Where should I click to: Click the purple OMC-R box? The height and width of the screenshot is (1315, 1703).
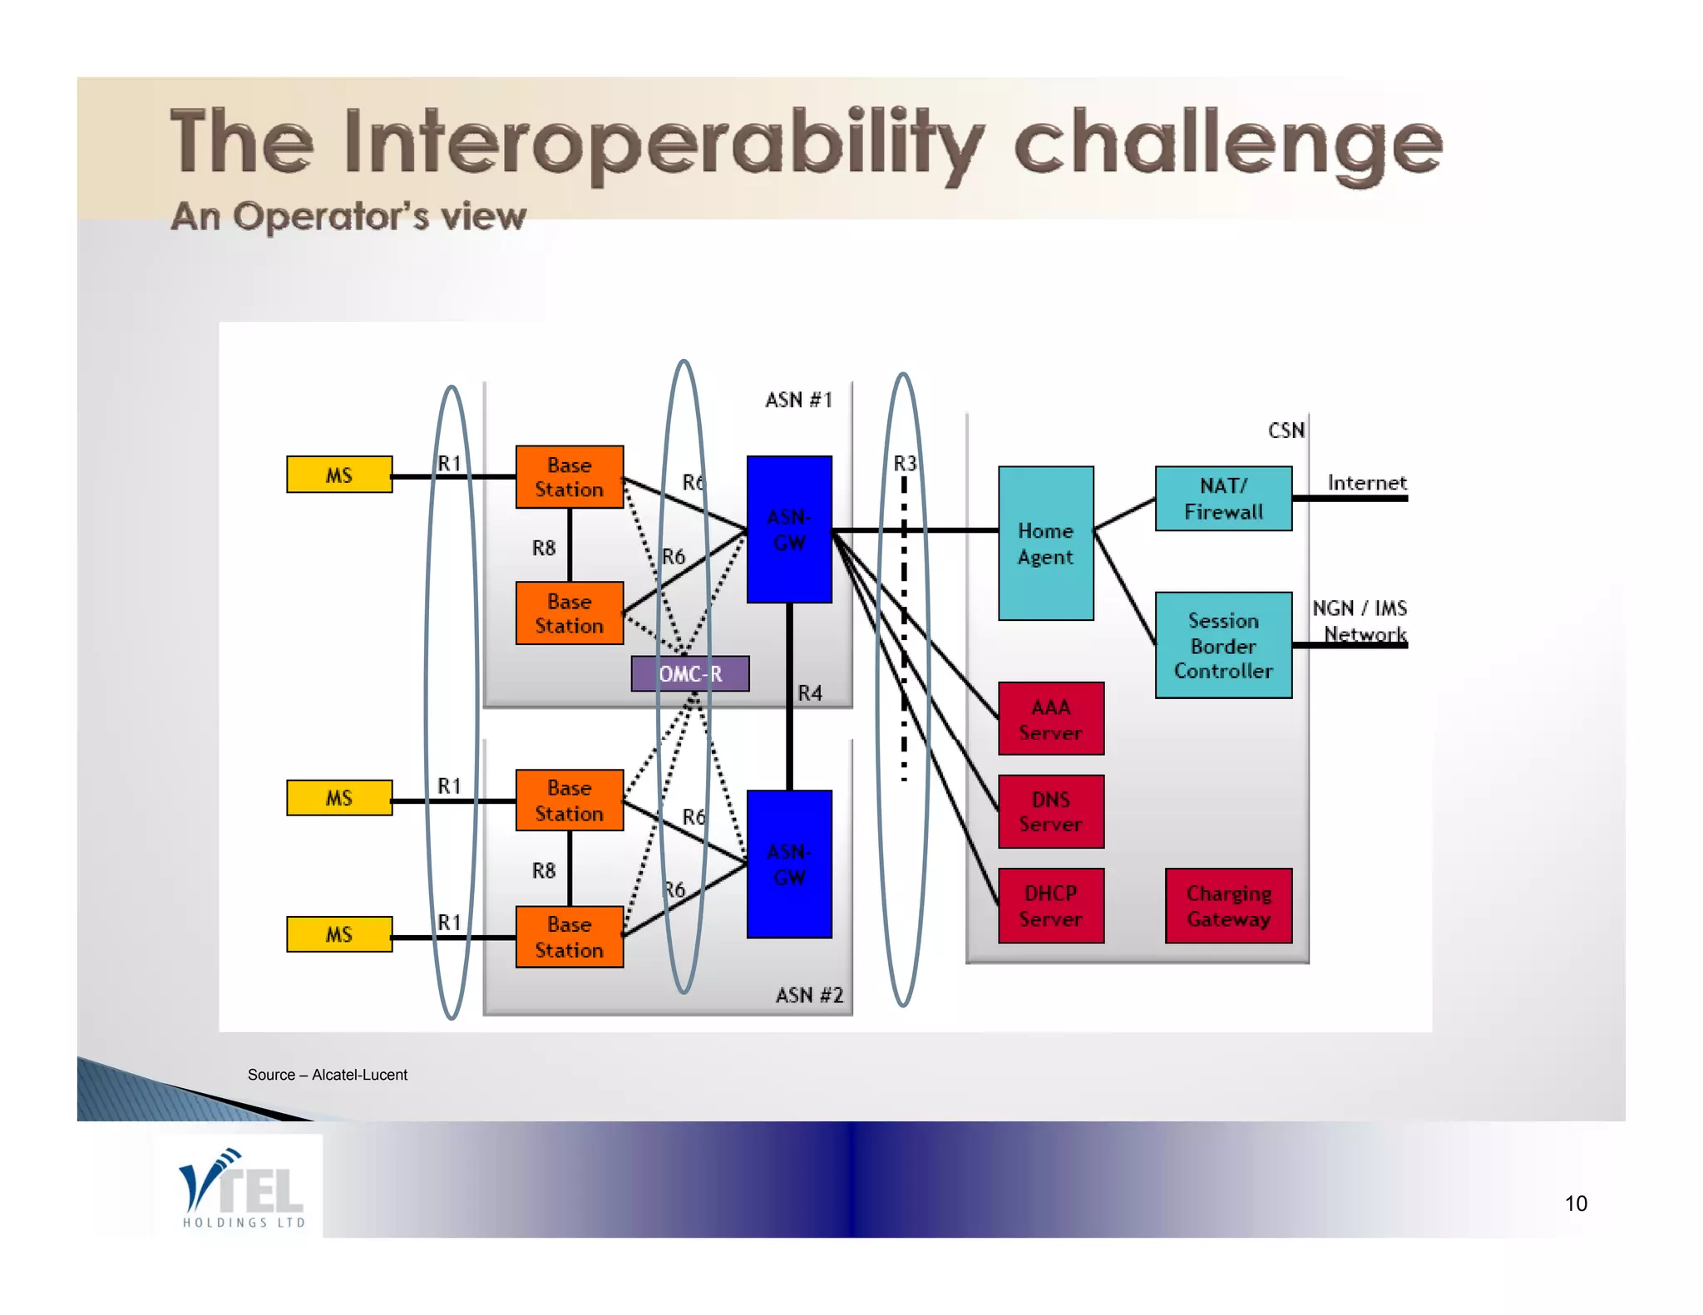[689, 673]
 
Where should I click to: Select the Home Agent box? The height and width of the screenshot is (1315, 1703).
[1045, 543]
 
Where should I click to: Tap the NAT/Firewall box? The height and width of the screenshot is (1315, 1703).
[1222, 498]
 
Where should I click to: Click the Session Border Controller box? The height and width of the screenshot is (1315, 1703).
[1222, 645]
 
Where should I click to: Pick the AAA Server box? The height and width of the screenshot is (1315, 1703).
[1050, 719]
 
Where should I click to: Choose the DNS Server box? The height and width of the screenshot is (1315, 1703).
[1050, 811]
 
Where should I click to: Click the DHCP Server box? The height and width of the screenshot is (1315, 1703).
[1050, 905]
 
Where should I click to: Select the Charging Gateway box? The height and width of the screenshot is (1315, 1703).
[1228, 905]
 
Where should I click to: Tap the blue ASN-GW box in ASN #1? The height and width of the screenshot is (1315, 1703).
[788, 529]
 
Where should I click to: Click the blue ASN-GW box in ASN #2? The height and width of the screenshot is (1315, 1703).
[788, 864]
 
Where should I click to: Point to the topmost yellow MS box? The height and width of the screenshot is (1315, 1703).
[338, 475]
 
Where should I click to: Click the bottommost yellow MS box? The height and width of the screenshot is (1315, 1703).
[338, 933]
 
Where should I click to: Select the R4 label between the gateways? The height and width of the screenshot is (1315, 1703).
[810, 693]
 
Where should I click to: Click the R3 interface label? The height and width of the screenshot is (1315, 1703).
[905, 463]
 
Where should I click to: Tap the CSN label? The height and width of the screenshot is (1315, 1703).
[1286, 431]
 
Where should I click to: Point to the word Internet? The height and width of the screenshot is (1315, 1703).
[1366, 483]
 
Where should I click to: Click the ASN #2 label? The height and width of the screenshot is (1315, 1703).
[809, 995]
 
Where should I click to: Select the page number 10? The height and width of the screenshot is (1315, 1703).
[1575, 1204]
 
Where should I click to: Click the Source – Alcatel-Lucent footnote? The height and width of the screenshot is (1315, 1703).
[327, 1075]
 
